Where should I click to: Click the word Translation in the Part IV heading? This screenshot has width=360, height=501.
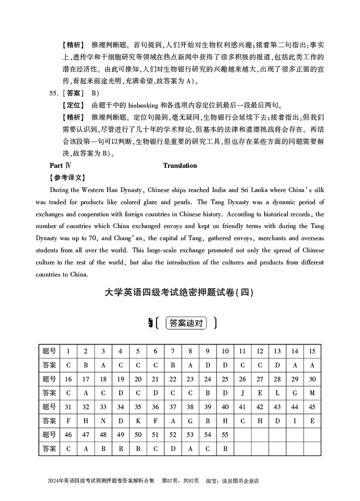180,166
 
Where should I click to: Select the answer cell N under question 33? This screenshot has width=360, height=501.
103,421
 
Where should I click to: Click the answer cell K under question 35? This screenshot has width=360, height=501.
138,421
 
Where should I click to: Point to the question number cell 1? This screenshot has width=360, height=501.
68,351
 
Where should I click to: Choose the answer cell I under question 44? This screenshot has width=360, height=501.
295,421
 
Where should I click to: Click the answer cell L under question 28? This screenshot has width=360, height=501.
277,393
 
